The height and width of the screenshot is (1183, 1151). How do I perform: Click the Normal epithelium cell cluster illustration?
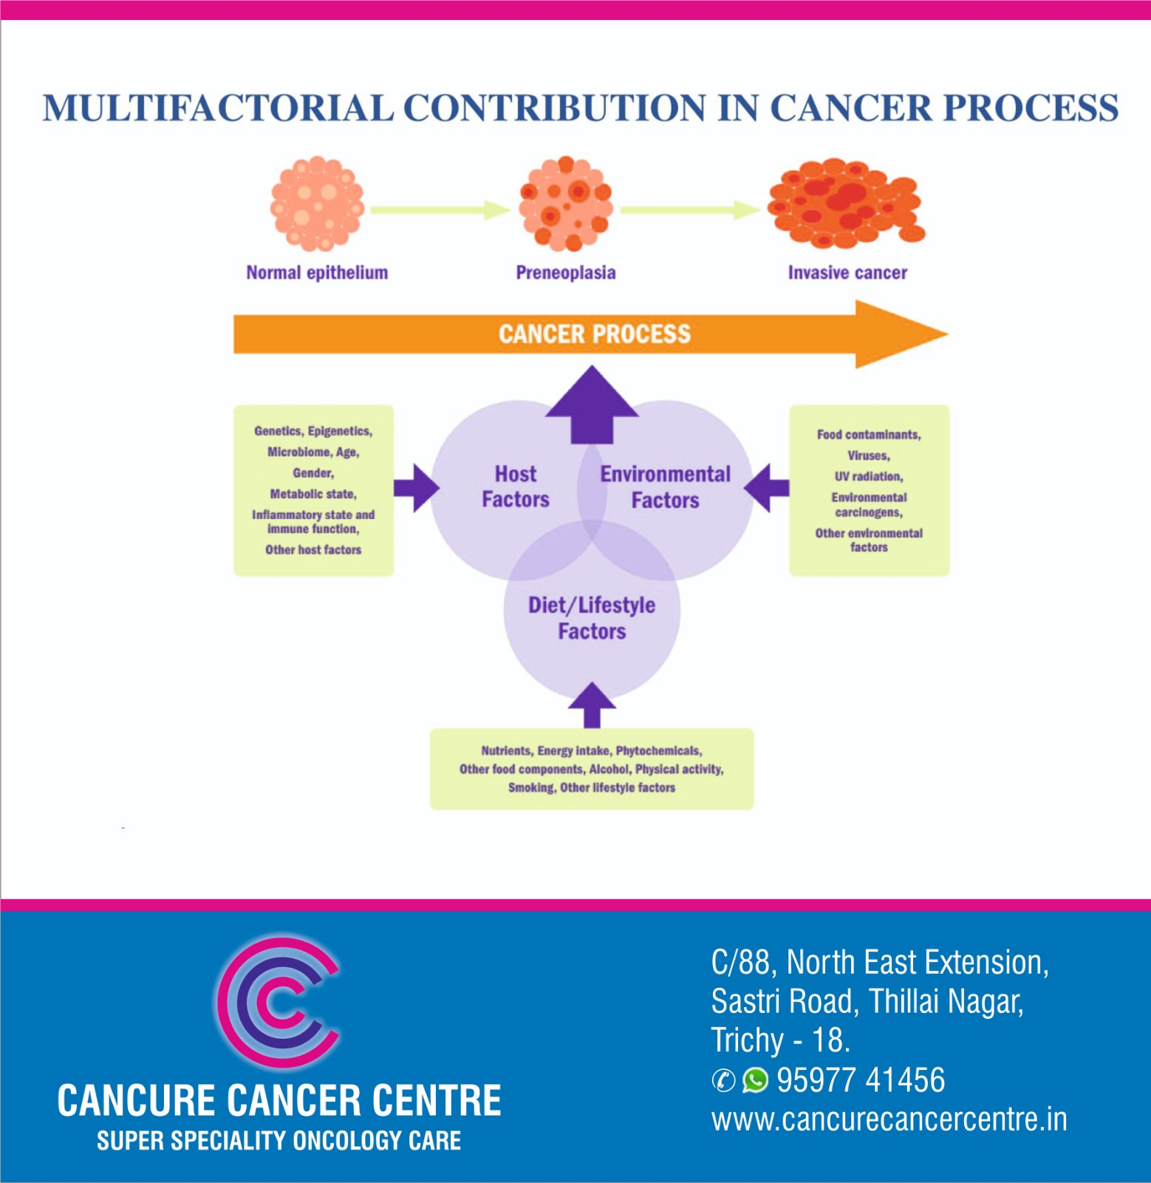click(317, 204)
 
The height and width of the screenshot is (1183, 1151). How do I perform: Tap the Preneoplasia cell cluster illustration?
click(566, 204)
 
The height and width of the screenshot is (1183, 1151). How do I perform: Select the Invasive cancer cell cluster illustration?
click(845, 202)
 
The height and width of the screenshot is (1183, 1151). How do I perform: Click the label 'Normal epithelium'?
click(317, 273)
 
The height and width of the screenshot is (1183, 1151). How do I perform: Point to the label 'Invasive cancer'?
click(847, 273)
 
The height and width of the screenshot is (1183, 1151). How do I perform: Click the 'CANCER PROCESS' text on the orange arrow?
click(594, 334)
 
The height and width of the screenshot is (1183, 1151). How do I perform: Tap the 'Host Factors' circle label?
click(516, 487)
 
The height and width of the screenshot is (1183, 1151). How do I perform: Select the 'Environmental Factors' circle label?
click(665, 487)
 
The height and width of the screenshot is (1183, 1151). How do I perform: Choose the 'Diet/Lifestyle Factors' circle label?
click(592, 618)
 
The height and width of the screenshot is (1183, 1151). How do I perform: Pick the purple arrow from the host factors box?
click(417, 488)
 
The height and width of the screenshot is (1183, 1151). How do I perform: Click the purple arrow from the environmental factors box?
click(767, 488)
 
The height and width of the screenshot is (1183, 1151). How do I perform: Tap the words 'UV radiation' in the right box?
click(869, 477)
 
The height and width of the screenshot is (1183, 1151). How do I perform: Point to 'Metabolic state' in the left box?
click(312, 494)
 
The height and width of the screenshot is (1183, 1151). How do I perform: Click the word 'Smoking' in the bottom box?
click(531, 788)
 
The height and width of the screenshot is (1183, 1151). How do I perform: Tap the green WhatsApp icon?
click(755, 1080)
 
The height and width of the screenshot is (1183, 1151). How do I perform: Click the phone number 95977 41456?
click(861, 1080)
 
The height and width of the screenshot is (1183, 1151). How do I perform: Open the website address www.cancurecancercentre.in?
click(889, 1119)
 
